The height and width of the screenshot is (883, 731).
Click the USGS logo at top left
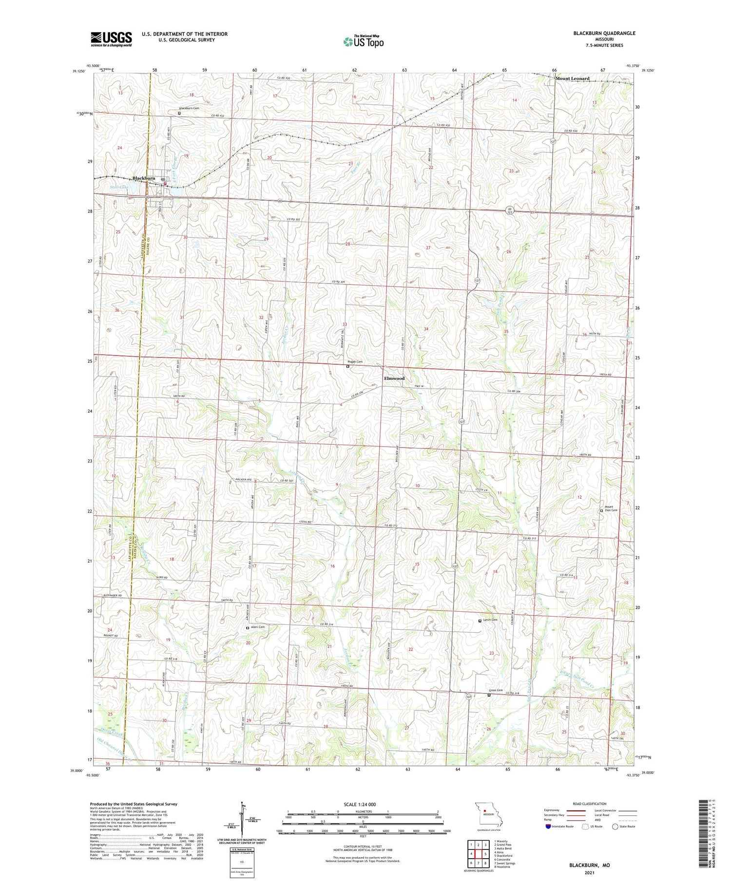point(111,39)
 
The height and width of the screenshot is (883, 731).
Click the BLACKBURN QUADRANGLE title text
point(604,33)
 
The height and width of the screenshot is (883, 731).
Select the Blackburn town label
point(144,178)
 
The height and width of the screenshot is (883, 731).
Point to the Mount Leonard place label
point(573,78)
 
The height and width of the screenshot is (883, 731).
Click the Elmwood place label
point(394,378)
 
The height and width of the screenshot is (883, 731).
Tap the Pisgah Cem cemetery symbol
point(347,367)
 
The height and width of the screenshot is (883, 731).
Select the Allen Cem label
point(257,627)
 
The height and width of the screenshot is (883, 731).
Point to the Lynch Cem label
point(490,620)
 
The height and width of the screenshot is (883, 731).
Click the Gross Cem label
point(496,690)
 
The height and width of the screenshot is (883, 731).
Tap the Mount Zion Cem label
point(611,508)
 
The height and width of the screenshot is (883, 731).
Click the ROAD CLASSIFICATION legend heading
point(590,804)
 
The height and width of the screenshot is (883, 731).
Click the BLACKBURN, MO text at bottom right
point(589,865)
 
